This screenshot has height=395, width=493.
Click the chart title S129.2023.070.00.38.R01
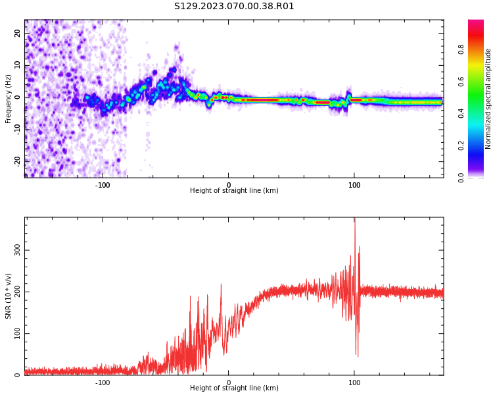click(x=234, y=7)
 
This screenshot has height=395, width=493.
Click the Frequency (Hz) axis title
click(x=9, y=99)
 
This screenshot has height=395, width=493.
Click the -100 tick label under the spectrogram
click(x=103, y=184)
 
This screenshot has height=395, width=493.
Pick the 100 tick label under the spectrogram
click(x=354, y=184)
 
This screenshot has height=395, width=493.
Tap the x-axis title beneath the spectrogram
click(x=234, y=191)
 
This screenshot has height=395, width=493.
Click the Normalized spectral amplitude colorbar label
click(x=488, y=99)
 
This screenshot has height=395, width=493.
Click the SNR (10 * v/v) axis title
click(x=9, y=296)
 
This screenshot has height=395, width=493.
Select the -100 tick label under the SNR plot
click(x=103, y=382)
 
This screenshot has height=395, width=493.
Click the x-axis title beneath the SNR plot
click(x=234, y=388)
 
